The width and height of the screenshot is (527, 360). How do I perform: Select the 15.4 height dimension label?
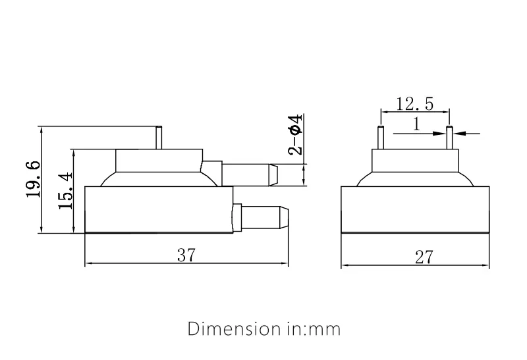(65, 192)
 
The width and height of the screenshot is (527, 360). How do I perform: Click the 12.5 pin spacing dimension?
(414, 103)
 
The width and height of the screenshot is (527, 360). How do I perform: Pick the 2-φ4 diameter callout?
(296, 135)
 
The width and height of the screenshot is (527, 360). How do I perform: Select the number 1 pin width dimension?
(416, 124)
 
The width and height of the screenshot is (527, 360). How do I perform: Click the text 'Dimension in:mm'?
(264, 328)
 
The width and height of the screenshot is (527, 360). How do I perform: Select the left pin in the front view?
(381, 138)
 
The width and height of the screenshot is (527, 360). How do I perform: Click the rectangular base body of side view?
(159, 210)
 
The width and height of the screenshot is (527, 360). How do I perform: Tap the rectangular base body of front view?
(415, 210)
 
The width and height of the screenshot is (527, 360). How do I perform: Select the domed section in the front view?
(415, 180)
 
